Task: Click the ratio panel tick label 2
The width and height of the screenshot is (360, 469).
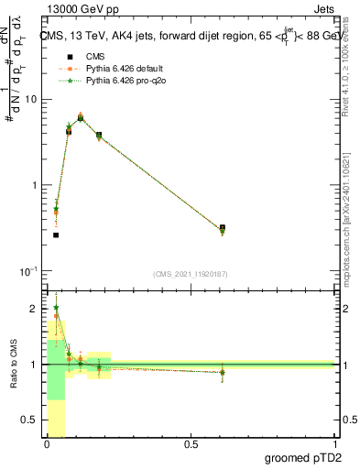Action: point(35,309)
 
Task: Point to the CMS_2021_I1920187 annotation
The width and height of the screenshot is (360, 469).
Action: point(191,274)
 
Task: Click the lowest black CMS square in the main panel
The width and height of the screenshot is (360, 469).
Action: point(56,235)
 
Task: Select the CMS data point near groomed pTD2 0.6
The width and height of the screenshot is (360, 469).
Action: point(223,228)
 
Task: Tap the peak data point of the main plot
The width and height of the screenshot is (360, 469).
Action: point(81,118)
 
